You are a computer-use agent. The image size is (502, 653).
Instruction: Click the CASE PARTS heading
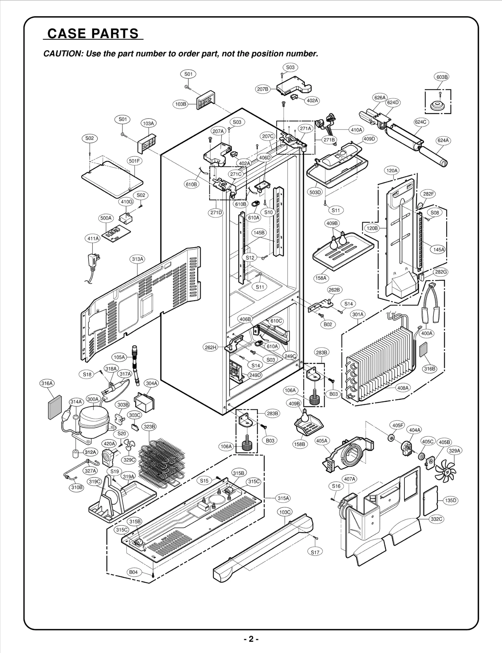[93, 34]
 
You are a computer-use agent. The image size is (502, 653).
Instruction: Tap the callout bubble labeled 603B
[442, 77]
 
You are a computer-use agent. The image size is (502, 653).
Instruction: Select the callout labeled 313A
[137, 259]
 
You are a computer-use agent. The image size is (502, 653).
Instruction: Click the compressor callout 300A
[93, 399]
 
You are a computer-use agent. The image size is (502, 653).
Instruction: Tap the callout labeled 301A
[358, 314]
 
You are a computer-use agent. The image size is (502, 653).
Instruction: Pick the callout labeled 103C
[285, 512]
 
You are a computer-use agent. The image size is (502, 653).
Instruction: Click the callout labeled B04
[133, 572]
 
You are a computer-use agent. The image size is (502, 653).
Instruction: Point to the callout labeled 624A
[443, 140]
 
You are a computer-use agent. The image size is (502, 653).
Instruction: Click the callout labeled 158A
[321, 278]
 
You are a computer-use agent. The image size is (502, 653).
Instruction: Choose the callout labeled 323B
[149, 427]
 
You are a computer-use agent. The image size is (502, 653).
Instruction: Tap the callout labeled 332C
[436, 519]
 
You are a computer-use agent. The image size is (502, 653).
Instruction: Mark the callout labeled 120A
[392, 171]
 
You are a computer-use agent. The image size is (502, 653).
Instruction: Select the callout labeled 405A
[322, 441]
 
